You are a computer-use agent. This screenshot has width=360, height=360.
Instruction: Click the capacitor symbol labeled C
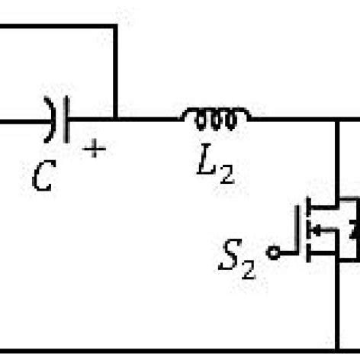[x=59, y=120]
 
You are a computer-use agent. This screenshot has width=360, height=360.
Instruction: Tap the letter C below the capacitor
[x=43, y=178]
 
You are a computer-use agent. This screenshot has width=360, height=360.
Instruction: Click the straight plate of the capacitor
[x=66, y=120]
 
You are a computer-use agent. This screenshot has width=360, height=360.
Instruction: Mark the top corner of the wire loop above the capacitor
[x=116, y=25]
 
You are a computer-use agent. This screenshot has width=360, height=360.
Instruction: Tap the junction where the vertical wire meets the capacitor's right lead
[x=116, y=120]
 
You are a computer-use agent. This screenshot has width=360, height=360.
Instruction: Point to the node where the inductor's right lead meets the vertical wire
[x=338, y=120]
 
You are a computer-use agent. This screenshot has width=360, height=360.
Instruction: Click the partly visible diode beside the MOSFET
[x=353, y=228]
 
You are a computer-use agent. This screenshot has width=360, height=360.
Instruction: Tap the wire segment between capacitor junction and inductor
[x=149, y=120]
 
